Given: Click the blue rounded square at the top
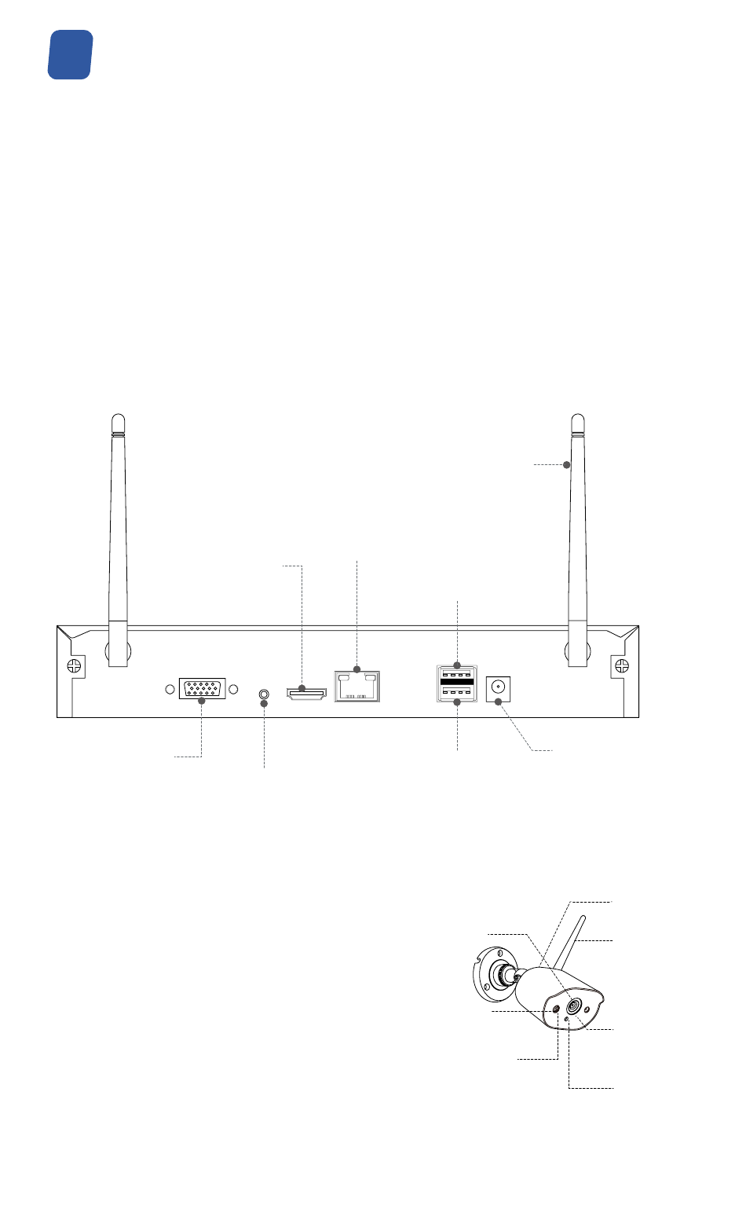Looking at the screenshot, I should (x=71, y=55).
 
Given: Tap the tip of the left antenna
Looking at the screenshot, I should (x=118, y=419).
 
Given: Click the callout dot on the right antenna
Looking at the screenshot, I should (x=567, y=465).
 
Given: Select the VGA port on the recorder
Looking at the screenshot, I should (x=202, y=690).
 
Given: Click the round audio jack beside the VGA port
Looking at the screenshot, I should (x=265, y=694).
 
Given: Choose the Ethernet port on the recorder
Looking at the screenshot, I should (x=357, y=685).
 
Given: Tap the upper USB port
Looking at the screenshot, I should (x=457, y=674).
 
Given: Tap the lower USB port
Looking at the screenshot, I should (x=457, y=692).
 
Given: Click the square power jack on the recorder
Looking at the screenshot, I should (x=497, y=687).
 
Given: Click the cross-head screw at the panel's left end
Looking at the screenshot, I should (x=73, y=666).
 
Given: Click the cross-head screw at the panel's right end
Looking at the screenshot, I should (x=621, y=666).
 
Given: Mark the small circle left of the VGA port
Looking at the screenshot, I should (x=170, y=690).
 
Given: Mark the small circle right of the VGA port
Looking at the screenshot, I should (x=233, y=690).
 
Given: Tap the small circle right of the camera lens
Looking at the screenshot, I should (x=587, y=1007).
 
